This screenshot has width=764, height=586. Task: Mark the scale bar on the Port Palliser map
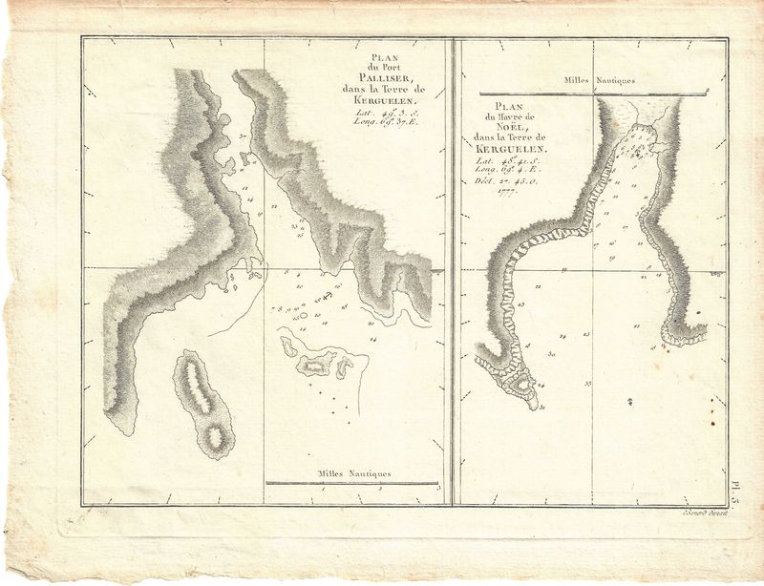point(351,484)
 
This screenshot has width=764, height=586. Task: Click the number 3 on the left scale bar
point(436,490)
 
